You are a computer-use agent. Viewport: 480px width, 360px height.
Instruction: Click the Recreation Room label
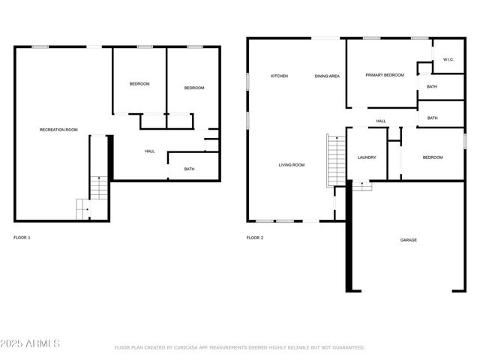tap(58, 130)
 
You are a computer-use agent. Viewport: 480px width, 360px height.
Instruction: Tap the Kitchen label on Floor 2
tap(280, 76)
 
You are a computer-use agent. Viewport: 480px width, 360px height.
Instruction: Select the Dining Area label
tap(327, 76)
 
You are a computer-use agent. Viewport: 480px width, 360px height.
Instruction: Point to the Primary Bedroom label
tap(385, 75)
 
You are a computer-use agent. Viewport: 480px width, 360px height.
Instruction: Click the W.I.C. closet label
tap(448, 59)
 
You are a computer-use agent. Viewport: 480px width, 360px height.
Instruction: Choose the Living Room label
tap(292, 165)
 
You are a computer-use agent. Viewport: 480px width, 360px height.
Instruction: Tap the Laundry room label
tap(367, 157)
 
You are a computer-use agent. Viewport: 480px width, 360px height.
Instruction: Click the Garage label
tap(409, 240)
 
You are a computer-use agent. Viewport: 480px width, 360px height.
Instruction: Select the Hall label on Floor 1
tap(149, 151)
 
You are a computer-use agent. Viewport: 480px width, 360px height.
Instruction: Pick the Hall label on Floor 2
tap(381, 121)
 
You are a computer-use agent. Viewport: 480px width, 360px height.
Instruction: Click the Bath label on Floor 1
tap(189, 169)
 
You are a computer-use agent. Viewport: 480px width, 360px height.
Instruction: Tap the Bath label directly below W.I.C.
tap(432, 87)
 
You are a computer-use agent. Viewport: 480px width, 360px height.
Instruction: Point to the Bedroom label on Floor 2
tap(433, 157)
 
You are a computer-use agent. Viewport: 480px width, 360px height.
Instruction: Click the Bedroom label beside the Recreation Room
tap(139, 84)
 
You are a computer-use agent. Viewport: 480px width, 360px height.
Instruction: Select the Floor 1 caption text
tap(22, 238)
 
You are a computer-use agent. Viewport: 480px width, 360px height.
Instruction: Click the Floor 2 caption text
tap(255, 238)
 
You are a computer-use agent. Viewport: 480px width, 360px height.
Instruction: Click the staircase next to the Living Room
tap(336, 159)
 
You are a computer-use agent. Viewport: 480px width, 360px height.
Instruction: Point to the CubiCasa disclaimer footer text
tap(239, 347)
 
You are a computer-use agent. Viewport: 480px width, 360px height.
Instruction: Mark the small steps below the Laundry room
tap(361, 186)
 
